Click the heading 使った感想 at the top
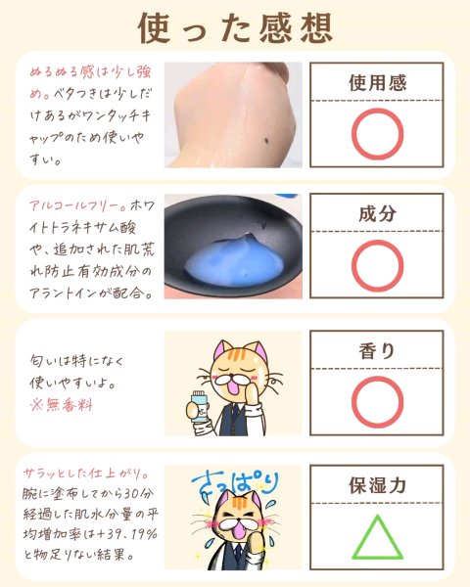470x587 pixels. click(235, 27)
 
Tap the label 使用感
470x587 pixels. click(377, 83)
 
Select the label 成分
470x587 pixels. click(377, 213)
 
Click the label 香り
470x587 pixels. click(377, 351)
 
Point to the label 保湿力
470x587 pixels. click(377, 485)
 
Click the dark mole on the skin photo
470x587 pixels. click(266, 141)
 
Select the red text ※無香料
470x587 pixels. click(62, 405)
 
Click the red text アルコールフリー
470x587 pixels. click(77, 205)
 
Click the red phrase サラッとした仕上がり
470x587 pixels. click(86, 474)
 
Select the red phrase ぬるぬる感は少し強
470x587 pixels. click(91, 72)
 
